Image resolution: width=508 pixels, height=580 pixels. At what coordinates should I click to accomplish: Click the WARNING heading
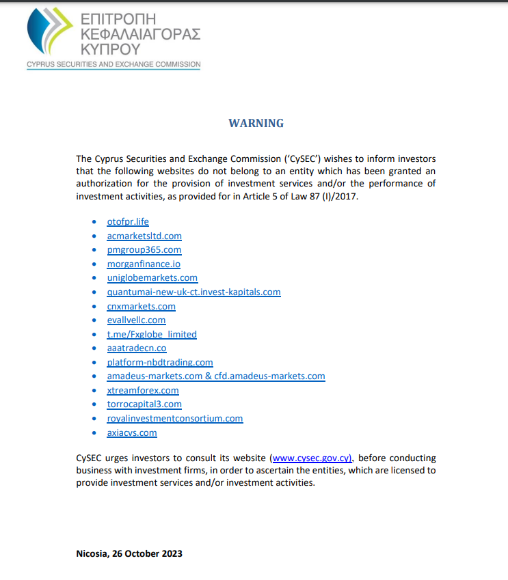256,124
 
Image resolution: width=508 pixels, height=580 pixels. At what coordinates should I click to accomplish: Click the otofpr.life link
128,221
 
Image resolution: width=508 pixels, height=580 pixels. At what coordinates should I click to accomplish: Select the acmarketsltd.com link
144,236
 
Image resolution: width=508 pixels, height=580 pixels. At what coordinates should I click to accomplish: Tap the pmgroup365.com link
144,250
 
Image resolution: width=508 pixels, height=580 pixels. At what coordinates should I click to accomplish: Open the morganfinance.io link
144,264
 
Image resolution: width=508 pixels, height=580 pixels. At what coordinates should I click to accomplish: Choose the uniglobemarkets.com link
152,277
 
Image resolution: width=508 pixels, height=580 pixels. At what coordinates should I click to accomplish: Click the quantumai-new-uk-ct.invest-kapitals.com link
193,292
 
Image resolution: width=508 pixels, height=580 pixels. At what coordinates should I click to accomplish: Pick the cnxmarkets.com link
141,306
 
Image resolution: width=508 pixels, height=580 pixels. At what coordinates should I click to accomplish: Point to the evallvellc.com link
136,320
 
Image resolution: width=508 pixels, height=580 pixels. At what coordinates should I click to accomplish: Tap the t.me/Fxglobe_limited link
152,334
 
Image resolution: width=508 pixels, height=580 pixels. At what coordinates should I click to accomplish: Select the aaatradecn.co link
137,348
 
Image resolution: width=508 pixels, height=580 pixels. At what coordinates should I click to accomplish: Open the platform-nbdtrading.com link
160,362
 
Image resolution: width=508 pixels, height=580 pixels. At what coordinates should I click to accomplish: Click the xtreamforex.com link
143,390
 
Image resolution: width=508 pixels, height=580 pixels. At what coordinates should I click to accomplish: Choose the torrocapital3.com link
144,404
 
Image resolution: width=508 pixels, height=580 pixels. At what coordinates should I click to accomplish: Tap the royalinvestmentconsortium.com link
175,418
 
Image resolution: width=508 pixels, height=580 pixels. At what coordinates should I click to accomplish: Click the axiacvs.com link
132,432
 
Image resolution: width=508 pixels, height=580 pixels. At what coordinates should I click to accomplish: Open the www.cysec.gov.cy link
312,458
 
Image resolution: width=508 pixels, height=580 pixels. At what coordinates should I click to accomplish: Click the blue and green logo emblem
49,32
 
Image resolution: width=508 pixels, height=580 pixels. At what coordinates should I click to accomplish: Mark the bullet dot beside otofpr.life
94,222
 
